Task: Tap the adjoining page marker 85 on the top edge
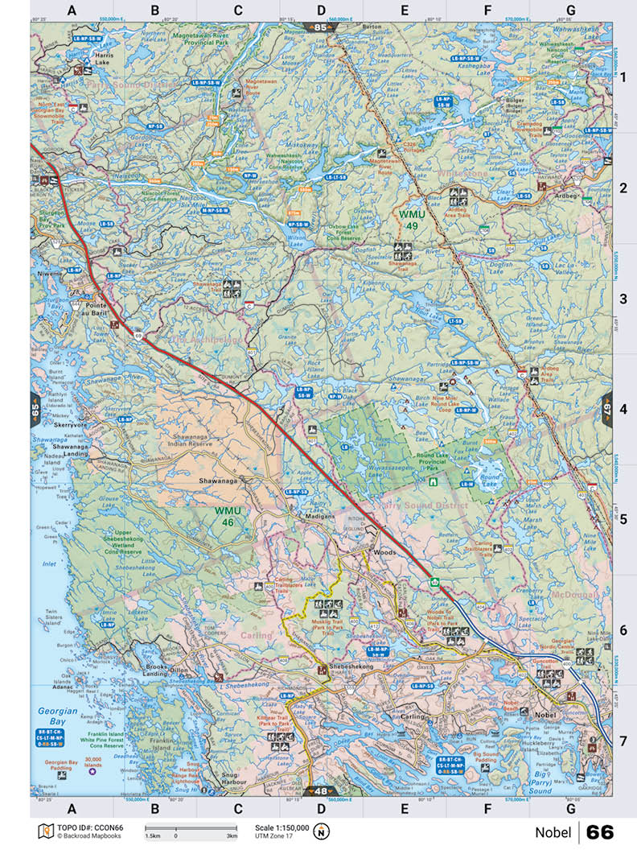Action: click(x=322, y=28)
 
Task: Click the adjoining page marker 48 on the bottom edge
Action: click(x=321, y=791)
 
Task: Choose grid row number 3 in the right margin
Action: click(x=623, y=299)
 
